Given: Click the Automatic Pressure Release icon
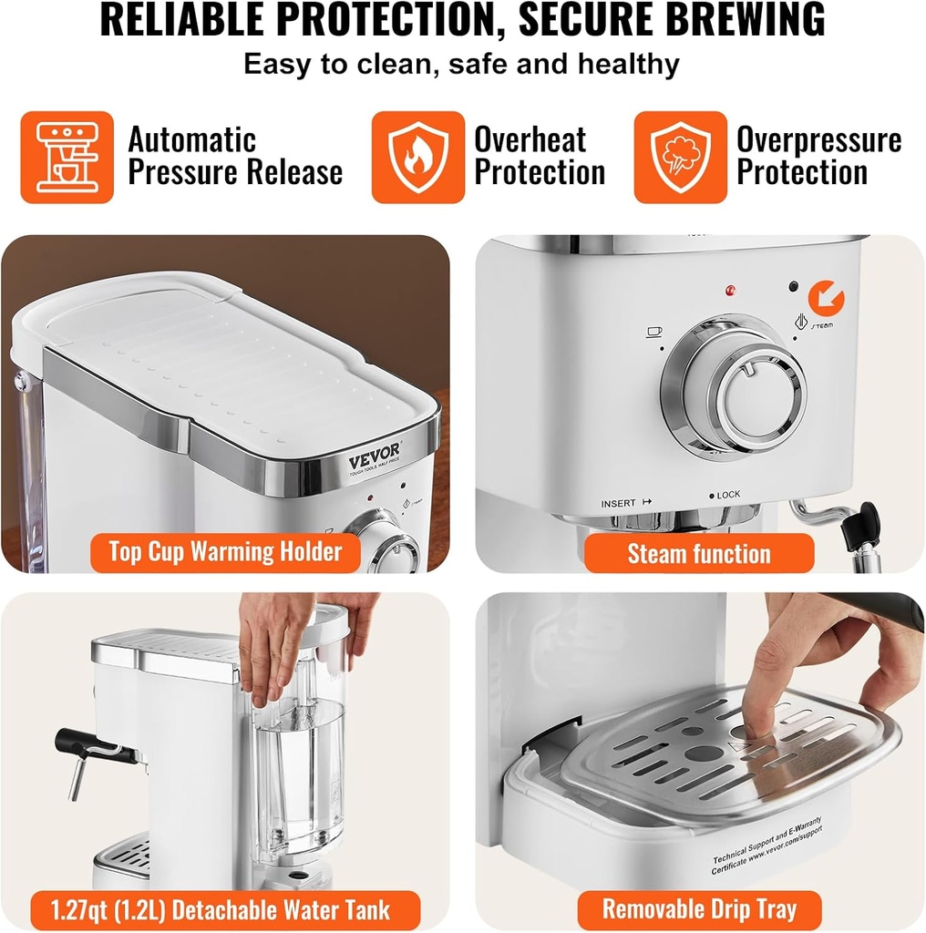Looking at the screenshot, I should [67, 157].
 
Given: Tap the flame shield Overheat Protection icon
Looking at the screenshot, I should [418, 157].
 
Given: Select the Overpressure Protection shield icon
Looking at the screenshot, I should [680, 157].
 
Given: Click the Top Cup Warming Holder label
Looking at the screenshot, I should [225, 551].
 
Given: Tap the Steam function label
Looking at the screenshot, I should [698, 553].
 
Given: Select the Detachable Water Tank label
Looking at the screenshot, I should [224, 909].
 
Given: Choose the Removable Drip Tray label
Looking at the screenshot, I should [699, 908].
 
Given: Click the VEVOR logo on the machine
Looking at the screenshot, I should [374, 461].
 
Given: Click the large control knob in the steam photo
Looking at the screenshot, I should [734, 387].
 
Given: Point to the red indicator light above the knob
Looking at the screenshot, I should [729, 292].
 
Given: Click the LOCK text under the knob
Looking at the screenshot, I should [725, 495].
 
